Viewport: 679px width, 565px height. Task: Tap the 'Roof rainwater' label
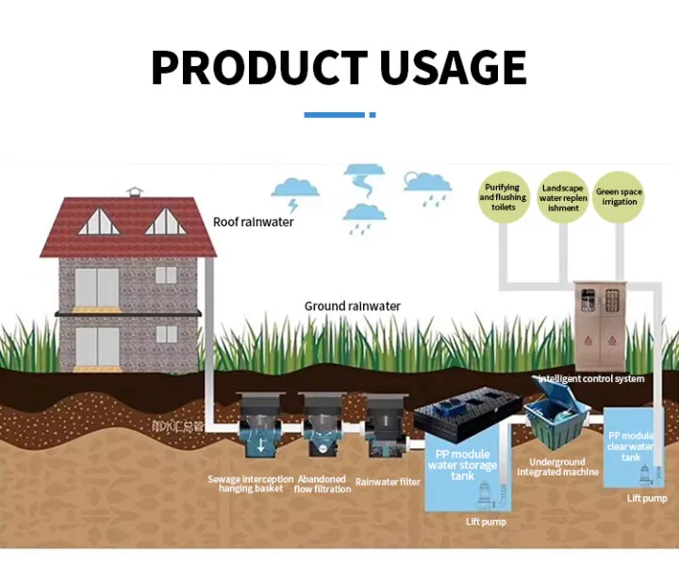(253, 223)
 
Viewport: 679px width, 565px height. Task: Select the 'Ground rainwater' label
(352, 307)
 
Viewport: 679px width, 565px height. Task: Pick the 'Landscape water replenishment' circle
(563, 198)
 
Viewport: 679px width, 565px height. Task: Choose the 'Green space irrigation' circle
(619, 198)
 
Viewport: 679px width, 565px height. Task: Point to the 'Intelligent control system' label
(591, 379)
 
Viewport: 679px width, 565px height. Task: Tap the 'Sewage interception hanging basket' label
(251, 484)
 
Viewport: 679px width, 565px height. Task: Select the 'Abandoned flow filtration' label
(323, 484)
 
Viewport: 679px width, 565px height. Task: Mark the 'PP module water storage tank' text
(462, 465)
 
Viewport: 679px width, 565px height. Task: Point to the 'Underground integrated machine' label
(557, 467)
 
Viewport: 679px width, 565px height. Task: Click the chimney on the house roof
(138, 194)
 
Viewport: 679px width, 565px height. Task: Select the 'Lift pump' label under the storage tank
(487, 522)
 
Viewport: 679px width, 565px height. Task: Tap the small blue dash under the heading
(373, 115)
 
